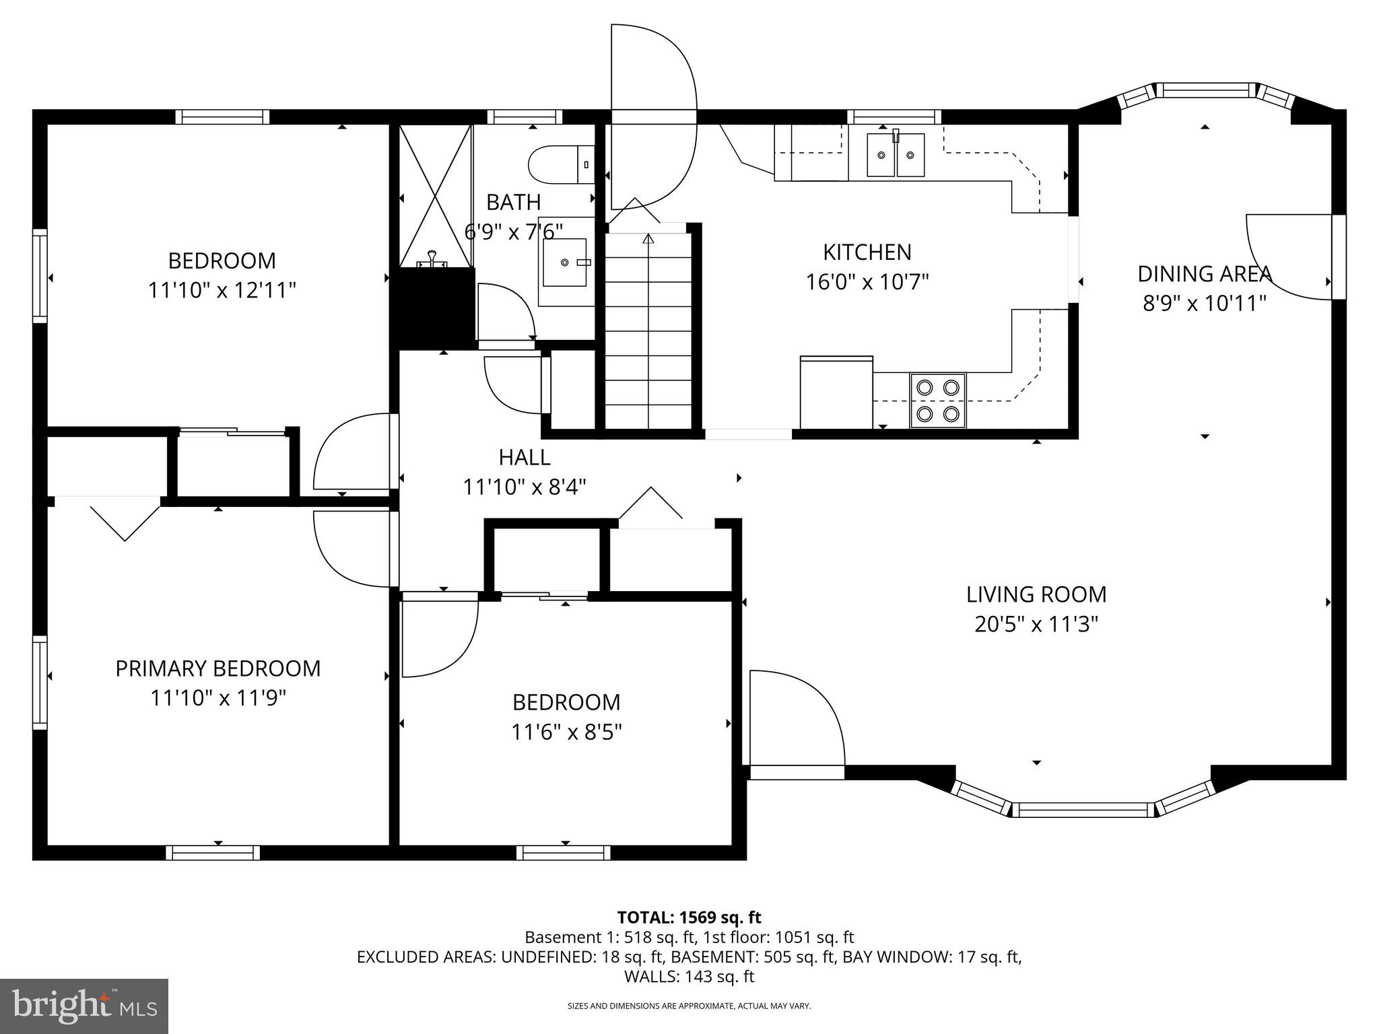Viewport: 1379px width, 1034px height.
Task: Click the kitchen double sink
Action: coord(895,155)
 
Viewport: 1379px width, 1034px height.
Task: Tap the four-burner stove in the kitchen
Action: coord(938,400)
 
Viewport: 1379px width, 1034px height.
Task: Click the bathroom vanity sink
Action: coord(565,262)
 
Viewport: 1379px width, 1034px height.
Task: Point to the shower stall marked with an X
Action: coord(436,195)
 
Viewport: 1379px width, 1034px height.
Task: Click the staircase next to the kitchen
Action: coord(648,330)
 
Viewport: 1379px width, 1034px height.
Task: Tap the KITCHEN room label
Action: coord(867,252)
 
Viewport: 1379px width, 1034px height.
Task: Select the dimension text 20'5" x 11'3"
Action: coord(1036,625)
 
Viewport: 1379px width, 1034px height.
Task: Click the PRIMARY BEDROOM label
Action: coord(218,668)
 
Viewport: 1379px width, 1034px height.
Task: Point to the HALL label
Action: coord(525,458)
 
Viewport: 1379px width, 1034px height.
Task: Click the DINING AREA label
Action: coord(1204,274)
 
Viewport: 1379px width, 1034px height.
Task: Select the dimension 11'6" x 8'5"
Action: coord(566,732)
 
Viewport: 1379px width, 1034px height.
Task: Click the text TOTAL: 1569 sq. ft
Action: coord(689,918)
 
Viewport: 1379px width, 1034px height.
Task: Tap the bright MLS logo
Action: coord(84,1006)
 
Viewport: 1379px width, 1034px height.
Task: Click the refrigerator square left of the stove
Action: coord(836,392)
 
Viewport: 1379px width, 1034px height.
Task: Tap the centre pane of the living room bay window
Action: coord(1083,810)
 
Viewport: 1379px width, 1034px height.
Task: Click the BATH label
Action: coord(513,202)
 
